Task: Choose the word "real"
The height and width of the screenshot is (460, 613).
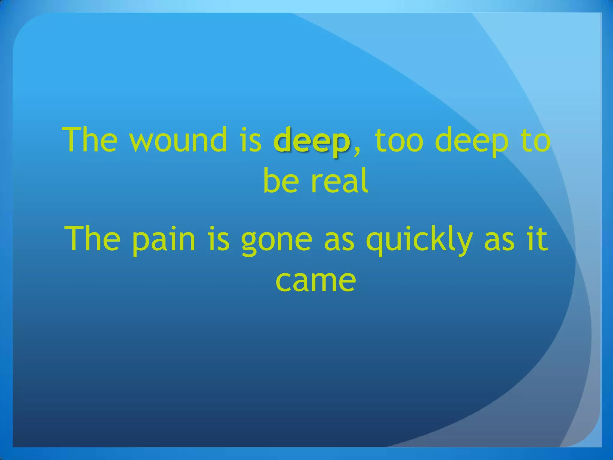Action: coord(339,181)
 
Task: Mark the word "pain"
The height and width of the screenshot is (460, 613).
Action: coord(164,240)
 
